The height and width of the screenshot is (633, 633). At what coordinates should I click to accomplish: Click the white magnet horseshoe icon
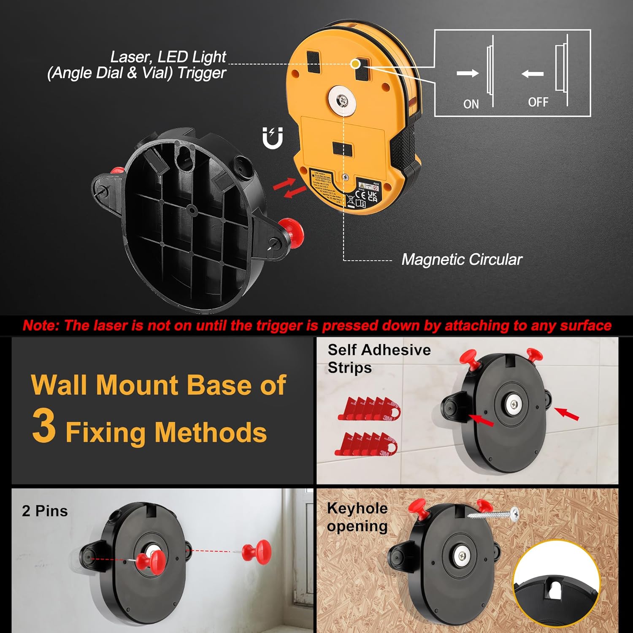[272, 138]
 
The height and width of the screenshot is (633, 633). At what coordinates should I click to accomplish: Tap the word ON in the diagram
[471, 104]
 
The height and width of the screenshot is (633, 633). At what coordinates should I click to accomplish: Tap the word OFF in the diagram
[538, 102]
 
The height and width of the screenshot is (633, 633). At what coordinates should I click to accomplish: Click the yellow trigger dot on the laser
[356, 64]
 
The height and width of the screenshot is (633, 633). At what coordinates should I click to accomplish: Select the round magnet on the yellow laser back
[343, 100]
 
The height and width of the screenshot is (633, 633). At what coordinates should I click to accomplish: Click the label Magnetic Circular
[462, 260]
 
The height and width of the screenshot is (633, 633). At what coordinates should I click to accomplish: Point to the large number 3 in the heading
[44, 426]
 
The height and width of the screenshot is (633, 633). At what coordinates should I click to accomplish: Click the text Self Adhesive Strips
[379, 358]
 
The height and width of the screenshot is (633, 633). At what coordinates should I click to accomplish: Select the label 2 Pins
[45, 511]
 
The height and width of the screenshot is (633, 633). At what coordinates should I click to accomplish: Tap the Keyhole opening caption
[357, 517]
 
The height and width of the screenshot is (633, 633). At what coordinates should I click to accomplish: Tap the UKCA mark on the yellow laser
[372, 196]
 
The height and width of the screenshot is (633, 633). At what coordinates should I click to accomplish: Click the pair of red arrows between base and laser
[289, 188]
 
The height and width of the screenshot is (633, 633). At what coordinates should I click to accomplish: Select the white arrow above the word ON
[468, 73]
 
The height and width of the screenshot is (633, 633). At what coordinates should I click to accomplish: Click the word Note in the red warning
[41, 325]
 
